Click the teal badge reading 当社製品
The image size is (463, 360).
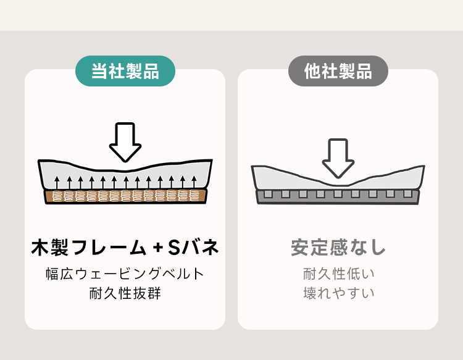pyautogui.click(x=125, y=71)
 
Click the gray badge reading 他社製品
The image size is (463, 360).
pyautogui.click(x=338, y=71)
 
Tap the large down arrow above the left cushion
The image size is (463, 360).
pyautogui.click(x=125, y=142)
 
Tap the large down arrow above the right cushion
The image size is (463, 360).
pyautogui.click(x=338, y=158)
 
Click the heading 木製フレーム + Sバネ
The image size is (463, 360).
pyautogui.click(x=125, y=247)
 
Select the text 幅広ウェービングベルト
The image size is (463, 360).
pyautogui.click(x=125, y=274)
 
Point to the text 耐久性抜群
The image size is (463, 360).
pyautogui.click(x=125, y=293)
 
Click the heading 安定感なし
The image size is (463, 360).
pyautogui.click(x=338, y=247)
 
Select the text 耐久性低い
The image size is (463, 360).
pyautogui.click(x=338, y=274)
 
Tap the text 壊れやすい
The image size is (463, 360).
pyautogui.click(x=338, y=293)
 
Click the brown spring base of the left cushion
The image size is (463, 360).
pyautogui.click(x=125, y=196)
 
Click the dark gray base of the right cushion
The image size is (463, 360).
pyautogui.click(x=338, y=197)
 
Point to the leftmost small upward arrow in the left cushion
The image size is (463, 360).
pyautogui.click(x=57, y=183)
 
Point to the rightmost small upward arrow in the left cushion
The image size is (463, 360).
pyautogui.click(x=194, y=183)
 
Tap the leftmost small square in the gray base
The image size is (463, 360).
pyautogui.click(x=268, y=194)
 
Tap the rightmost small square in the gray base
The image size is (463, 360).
pyautogui.click(x=407, y=194)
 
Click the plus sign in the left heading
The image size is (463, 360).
pyautogui.click(x=158, y=248)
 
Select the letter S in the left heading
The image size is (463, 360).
pyautogui.click(x=174, y=247)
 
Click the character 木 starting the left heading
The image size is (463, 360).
pyautogui.click(x=40, y=247)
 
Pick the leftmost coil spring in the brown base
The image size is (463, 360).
pyautogui.click(x=57, y=196)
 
